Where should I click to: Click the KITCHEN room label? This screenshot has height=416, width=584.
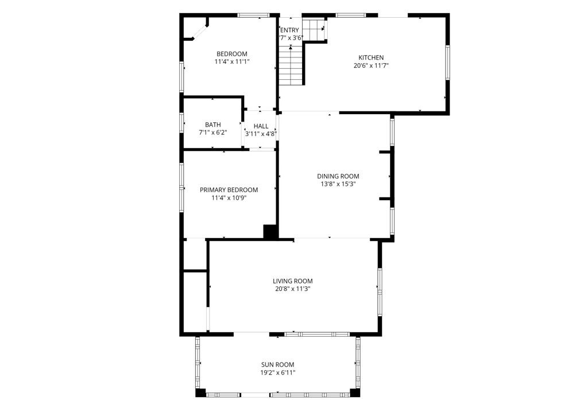coord(371,57)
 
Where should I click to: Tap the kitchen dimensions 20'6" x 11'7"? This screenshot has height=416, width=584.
coord(371,65)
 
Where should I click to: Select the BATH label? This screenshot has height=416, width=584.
coord(212,125)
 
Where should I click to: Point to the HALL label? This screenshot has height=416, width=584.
coord(261,126)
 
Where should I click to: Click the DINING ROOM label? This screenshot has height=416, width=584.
coord(338,176)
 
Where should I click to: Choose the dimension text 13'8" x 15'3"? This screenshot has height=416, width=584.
coord(338,184)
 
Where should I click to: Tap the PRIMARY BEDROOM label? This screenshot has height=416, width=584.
coord(229,190)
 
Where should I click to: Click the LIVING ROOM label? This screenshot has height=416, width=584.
coord(292,281)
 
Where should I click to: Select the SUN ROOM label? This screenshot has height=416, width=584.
coord(277,364)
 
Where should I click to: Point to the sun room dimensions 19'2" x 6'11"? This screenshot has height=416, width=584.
coord(277,372)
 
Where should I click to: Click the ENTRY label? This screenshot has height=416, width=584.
coord(289,30)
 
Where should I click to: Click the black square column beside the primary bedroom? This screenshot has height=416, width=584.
coord(270,231)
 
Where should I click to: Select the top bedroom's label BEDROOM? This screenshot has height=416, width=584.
coord(231,54)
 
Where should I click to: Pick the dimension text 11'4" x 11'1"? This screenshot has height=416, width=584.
coord(231,61)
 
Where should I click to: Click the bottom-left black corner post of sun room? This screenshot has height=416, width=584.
coord(200,393)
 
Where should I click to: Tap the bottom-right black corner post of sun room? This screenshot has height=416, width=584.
coord(355,393)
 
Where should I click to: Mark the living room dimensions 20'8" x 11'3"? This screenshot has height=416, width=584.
coord(292,289)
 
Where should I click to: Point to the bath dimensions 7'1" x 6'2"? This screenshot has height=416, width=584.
coord(212,133)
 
